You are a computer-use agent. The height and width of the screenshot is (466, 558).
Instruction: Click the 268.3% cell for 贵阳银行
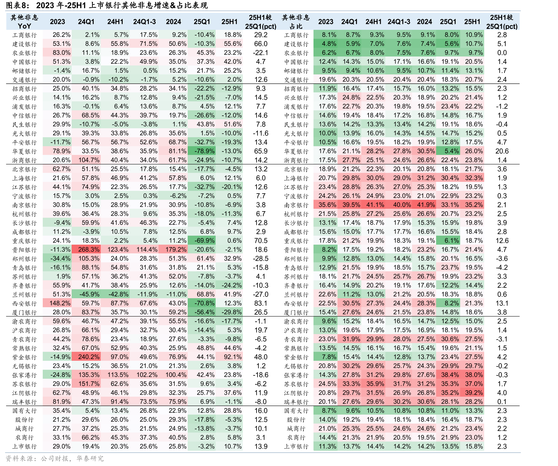(x=89, y=250)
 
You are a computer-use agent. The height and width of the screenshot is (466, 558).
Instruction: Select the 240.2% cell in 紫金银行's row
(x=89, y=357)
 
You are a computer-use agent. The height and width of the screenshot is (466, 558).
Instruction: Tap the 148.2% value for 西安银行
(x=60, y=303)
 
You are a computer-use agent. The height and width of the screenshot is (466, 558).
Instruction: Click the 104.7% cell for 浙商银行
(x=89, y=160)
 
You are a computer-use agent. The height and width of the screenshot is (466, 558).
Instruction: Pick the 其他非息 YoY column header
(x=24, y=22)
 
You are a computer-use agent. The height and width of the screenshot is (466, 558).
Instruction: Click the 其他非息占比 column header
(x=296, y=22)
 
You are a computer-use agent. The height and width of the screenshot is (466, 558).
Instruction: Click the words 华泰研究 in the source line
(x=90, y=458)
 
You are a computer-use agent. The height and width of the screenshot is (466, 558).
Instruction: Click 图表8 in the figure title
(x=17, y=5)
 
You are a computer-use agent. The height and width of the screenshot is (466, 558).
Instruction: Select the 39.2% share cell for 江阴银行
(x=474, y=393)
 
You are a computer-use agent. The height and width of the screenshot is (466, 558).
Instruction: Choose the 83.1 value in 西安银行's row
(x=261, y=303)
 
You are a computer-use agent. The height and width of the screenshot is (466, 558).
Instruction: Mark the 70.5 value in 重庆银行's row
(x=261, y=241)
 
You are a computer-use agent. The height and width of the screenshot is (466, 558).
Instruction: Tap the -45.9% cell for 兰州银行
(x=89, y=294)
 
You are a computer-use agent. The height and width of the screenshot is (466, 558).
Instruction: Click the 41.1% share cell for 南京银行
(x=375, y=205)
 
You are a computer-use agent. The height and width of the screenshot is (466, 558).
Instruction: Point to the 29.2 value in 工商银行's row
(x=261, y=35)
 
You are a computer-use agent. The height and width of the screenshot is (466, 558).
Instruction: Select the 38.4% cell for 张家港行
(x=450, y=375)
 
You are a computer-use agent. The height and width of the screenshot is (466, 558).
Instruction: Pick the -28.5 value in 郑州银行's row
(x=261, y=259)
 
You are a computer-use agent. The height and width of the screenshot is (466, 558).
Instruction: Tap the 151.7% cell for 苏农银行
(x=89, y=384)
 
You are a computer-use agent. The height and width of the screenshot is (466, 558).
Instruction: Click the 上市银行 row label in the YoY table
(x=24, y=447)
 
